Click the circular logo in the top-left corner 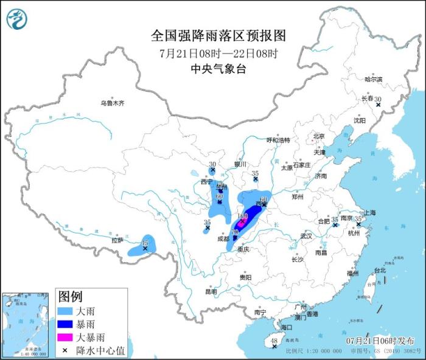pos(17,19)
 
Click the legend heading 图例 pos(70,297)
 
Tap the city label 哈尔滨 pos(373,80)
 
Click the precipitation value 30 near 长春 pos(377,99)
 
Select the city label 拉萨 pos(117,240)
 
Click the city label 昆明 pos(211,291)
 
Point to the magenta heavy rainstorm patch pos(242,223)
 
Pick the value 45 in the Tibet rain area pos(144,242)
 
